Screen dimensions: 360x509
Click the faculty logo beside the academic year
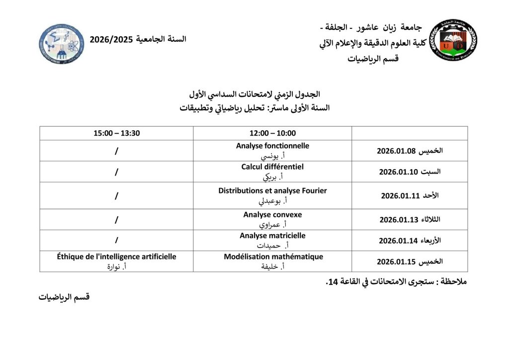(x=62, y=44)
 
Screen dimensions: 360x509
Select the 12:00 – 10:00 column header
(x=272, y=133)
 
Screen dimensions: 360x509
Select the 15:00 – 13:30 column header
(x=117, y=133)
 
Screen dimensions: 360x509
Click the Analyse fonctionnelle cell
(x=272, y=151)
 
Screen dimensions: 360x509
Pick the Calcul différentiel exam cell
(x=272, y=172)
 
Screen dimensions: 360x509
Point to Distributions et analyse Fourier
(x=272, y=195)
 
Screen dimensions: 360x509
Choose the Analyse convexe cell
(x=272, y=219)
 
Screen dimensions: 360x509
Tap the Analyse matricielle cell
(x=272, y=240)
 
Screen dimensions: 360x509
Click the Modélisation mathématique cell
(x=272, y=261)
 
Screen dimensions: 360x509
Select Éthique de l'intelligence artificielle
(x=117, y=261)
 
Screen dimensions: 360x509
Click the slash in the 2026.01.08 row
(x=117, y=151)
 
